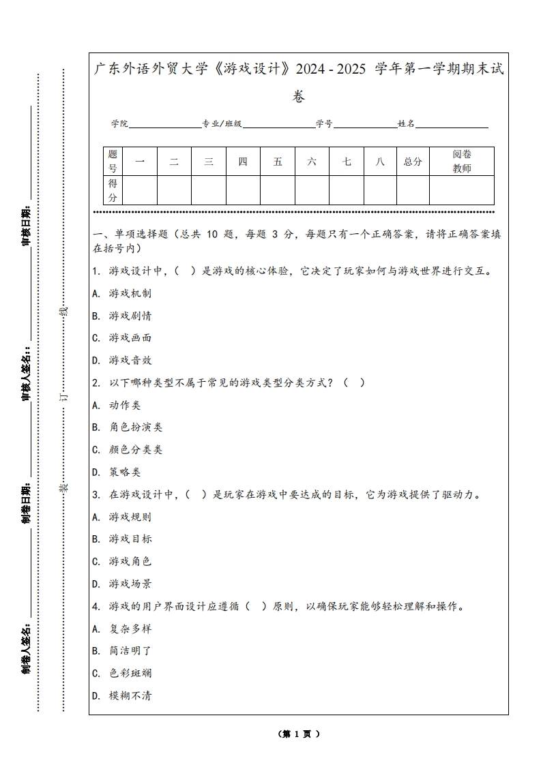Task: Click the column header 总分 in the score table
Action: [x=413, y=162]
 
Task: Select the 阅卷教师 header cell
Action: [x=462, y=162]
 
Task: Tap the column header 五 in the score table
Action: [x=278, y=162]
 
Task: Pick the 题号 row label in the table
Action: [x=113, y=162]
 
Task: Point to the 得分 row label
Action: [x=113, y=190]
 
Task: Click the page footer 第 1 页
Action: [x=299, y=734]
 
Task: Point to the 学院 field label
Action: [x=120, y=124]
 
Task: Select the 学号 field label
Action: [x=324, y=124]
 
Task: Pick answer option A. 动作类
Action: [x=117, y=405]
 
